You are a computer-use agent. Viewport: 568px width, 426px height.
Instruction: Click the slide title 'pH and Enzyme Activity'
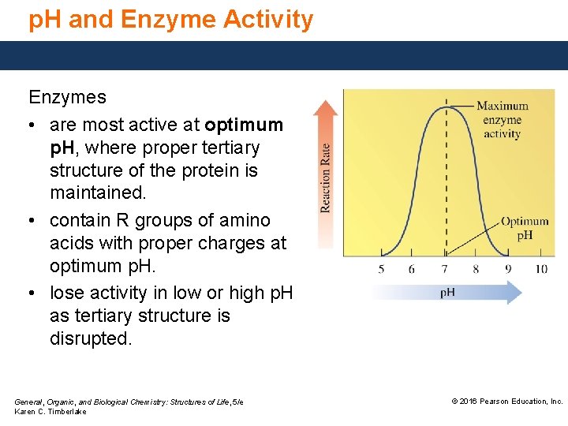170,20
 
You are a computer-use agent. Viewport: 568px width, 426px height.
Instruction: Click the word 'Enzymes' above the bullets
67,98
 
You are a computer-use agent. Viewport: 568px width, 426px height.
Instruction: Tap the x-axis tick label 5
382,269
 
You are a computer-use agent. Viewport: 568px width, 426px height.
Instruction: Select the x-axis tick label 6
412,269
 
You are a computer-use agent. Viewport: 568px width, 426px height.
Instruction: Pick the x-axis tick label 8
476,269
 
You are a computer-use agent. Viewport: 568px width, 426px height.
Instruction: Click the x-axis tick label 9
508,269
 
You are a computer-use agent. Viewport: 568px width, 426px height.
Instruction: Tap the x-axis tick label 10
540,269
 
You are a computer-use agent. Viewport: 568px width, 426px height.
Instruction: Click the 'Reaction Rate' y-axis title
325,177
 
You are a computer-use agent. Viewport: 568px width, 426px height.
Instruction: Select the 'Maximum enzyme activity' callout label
503,120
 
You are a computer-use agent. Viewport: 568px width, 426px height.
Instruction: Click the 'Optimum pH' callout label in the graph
525,228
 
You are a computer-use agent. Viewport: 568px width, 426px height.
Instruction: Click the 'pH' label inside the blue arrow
447,293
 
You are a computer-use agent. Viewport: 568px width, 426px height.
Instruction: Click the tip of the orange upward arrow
325,102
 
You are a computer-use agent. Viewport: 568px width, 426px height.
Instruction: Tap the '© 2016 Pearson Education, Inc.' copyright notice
506,402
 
